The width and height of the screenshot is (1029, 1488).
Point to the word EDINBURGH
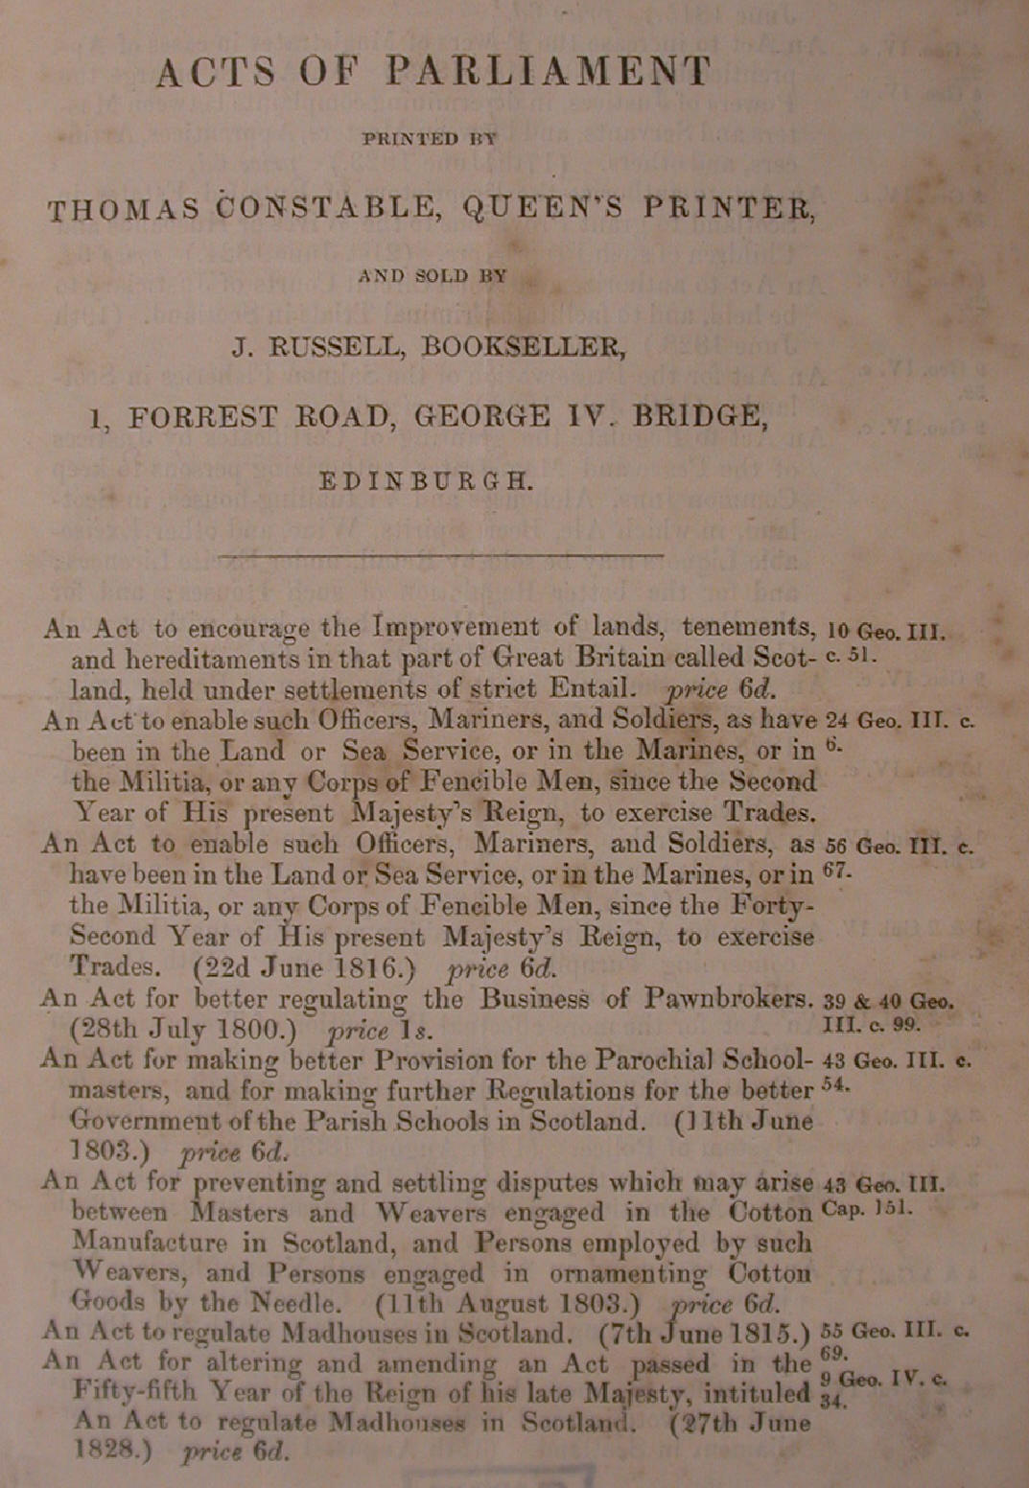point(425,480)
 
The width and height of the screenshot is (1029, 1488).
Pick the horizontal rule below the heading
point(441,554)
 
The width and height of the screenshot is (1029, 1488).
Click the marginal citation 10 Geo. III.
point(885,633)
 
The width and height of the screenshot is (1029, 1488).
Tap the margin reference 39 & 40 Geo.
point(889,1002)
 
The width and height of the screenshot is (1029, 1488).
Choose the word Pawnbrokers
point(729,999)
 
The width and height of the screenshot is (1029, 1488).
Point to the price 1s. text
point(381,1032)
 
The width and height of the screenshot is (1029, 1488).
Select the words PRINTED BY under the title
point(429,139)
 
